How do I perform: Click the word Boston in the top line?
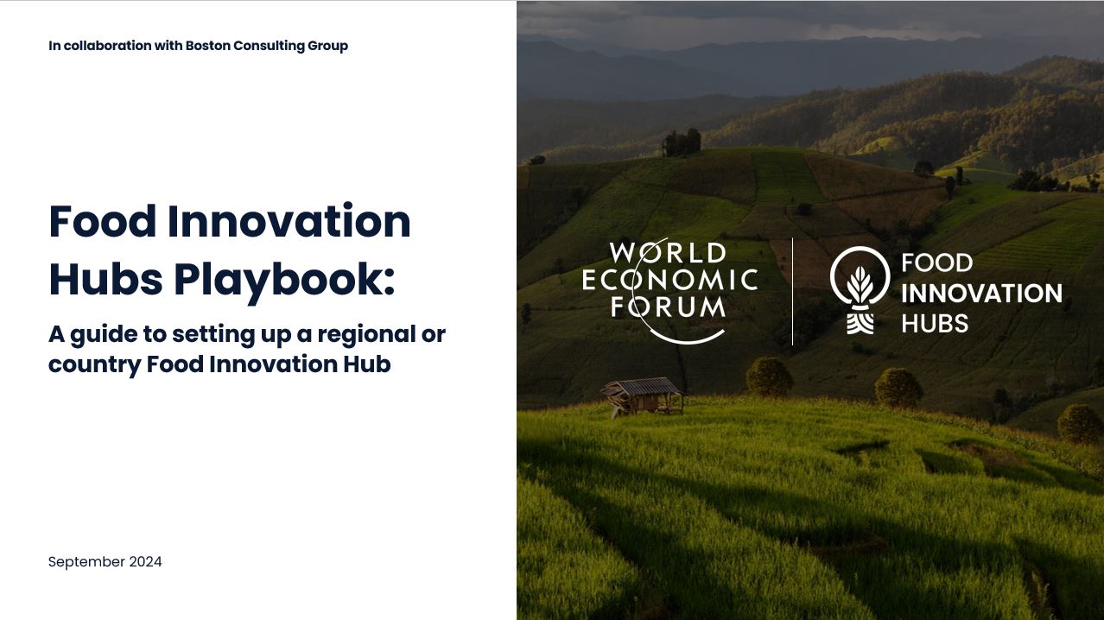click(x=208, y=46)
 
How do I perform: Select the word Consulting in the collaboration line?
click(x=269, y=46)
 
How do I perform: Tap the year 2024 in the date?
click(x=145, y=562)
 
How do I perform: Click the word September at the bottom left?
click(x=86, y=562)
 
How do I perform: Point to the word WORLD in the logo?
click(x=667, y=254)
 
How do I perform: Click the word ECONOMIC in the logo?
click(x=669, y=280)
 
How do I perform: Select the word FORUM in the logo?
click(x=668, y=306)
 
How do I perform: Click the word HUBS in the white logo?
click(x=935, y=324)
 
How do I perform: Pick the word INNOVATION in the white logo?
click(x=981, y=294)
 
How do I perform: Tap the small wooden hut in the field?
click(x=643, y=395)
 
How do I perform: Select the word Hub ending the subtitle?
click(x=371, y=364)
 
